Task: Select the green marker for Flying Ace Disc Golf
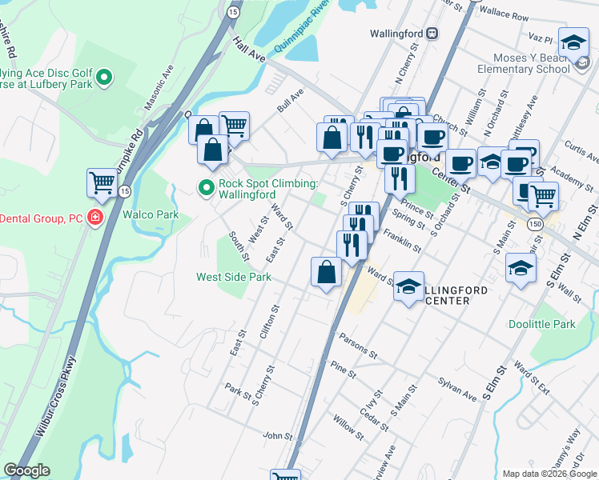pyautogui.click(x=104, y=78)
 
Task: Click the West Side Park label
pyautogui.click(x=234, y=277)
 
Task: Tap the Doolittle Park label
pyautogui.click(x=542, y=324)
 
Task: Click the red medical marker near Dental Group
pyautogui.click(x=95, y=218)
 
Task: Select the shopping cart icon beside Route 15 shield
pyautogui.click(x=102, y=183)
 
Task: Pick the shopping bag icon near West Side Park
pyautogui.click(x=326, y=272)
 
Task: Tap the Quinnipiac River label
pyautogui.click(x=303, y=26)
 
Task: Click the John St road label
pyautogui.click(x=278, y=435)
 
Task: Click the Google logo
pyautogui.click(x=26, y=470)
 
